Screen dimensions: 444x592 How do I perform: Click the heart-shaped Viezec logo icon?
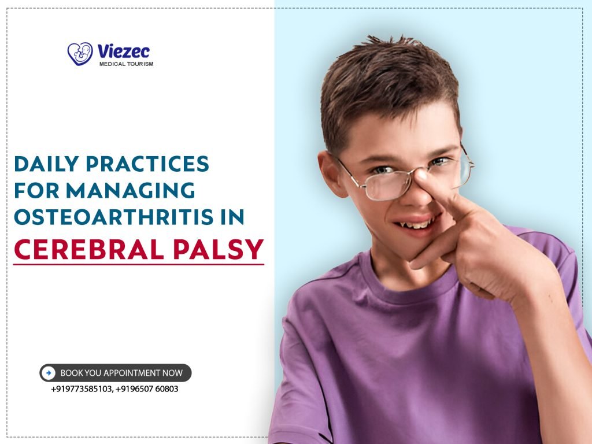[x=80, y=53]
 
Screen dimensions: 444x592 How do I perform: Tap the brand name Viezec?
[x=124, y=51]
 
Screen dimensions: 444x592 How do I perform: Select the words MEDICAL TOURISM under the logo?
[x=126, y=64]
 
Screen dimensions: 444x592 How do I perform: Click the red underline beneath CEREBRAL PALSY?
[x=138, y=265]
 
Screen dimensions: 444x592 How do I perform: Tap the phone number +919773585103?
[x=82, y=389]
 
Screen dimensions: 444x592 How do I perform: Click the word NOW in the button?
[x=172, y=373]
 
